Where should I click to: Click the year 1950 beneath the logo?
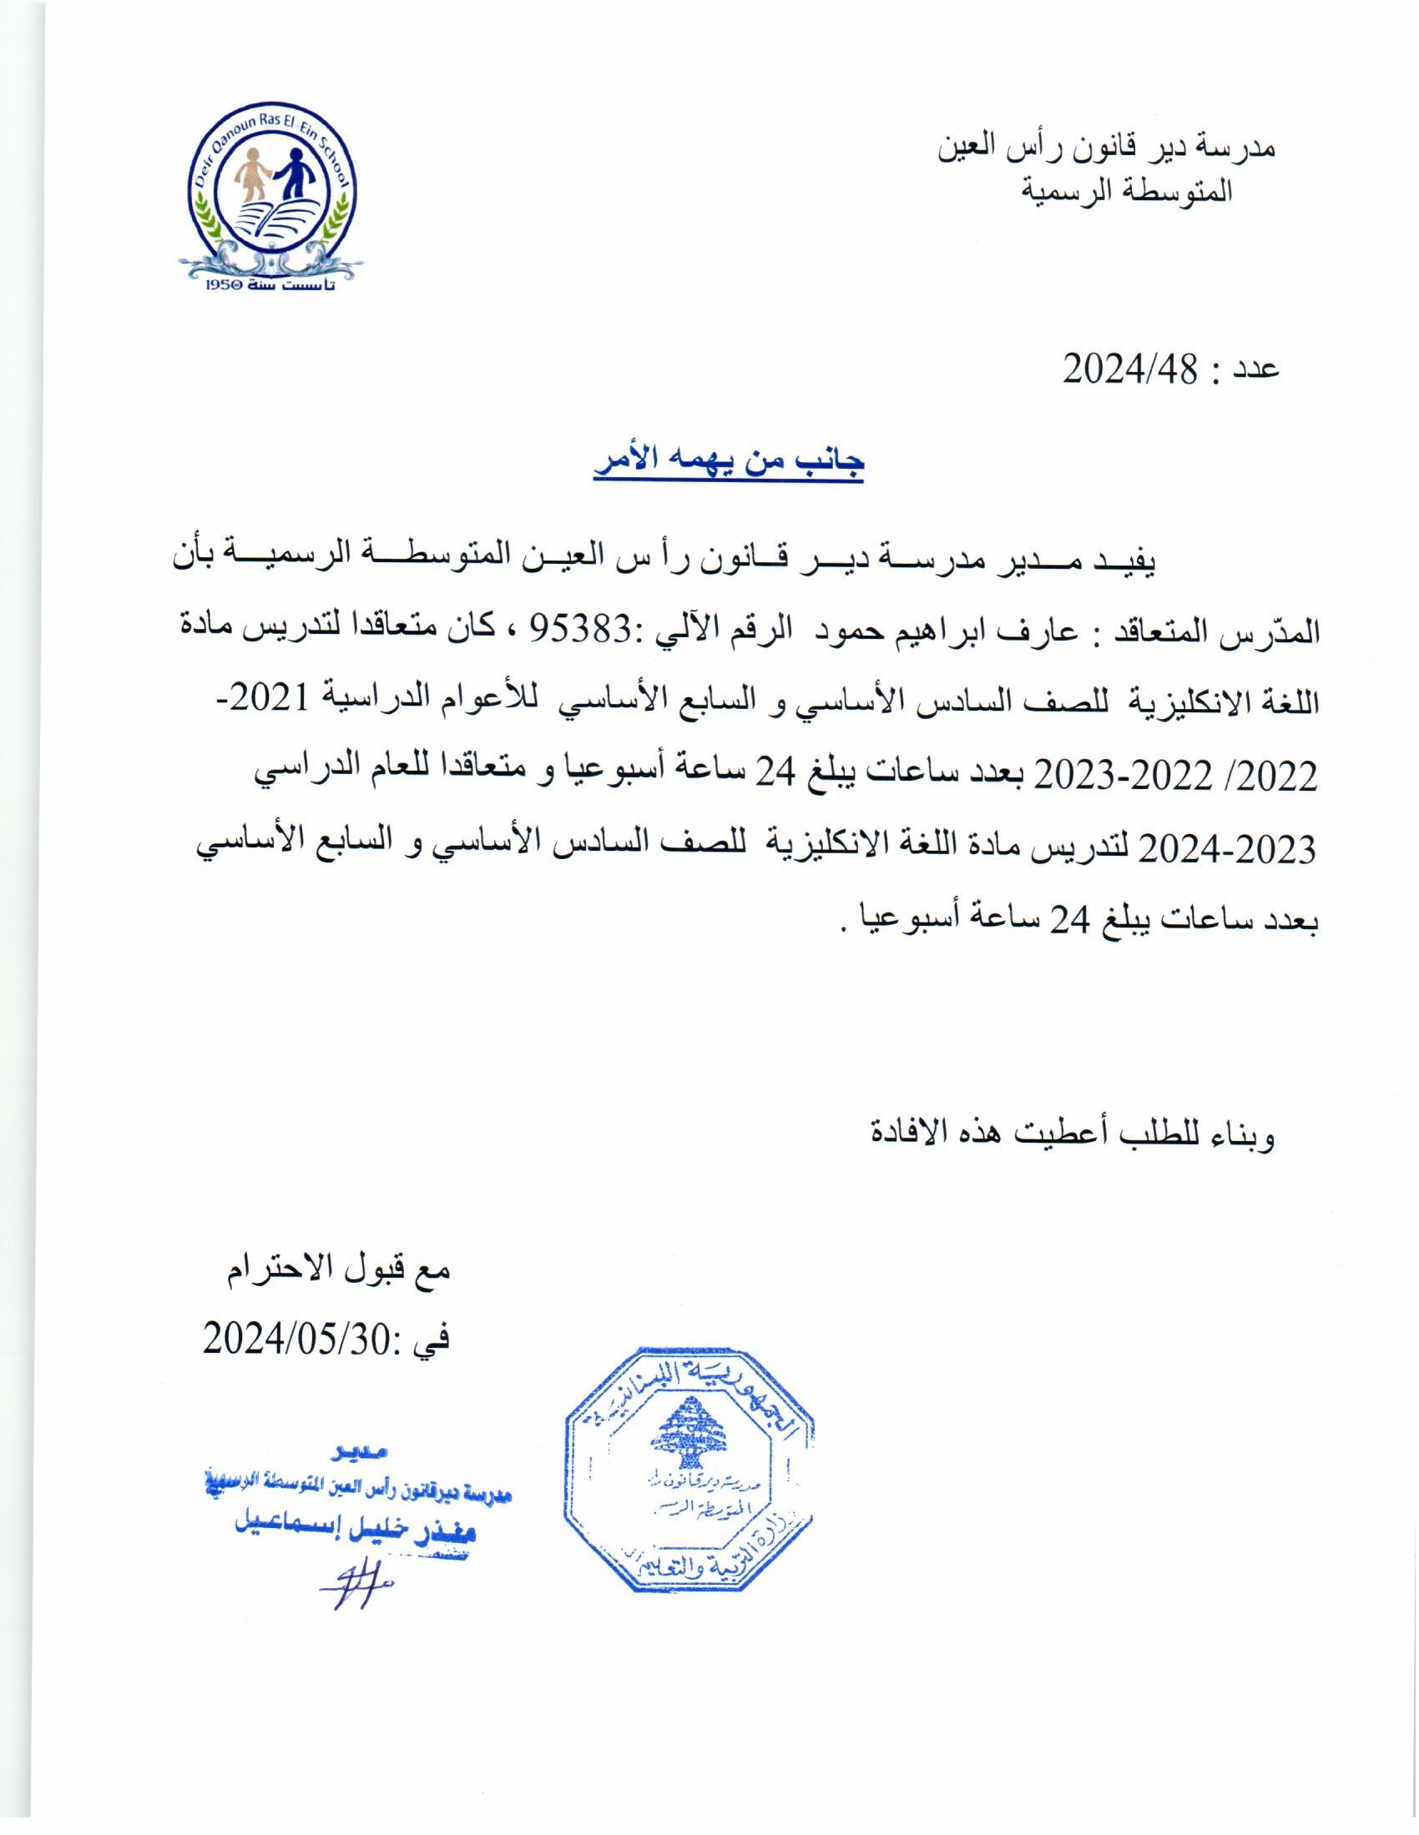tap(223, 286)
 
